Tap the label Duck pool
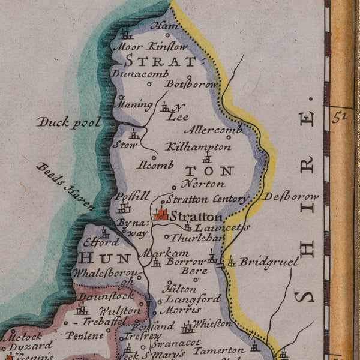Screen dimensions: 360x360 coord(68,122)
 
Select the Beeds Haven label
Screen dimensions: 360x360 coord(65,187)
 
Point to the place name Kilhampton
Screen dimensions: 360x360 coord(198,146)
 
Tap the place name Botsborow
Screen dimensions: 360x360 coord(191,85)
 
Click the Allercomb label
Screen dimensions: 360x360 coord(213,130)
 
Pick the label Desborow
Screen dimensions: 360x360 coord(290,196)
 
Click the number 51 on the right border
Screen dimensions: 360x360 coord(340,118)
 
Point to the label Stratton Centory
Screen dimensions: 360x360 coord(207,199)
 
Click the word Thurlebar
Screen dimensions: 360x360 coord(197,238)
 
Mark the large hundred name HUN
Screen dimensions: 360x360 coord(105,259)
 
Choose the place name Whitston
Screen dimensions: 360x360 coord(212,323)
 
